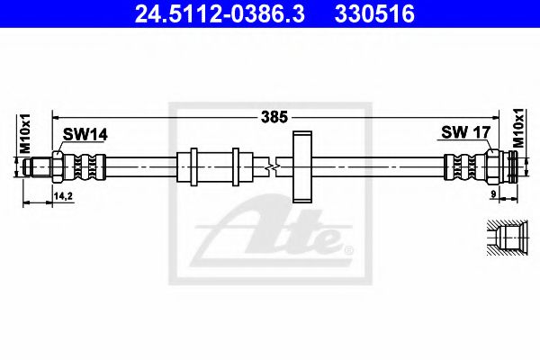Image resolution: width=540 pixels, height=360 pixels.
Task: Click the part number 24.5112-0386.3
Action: tap(220, 13)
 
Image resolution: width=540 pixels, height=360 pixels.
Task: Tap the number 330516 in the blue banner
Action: tap(374, 13)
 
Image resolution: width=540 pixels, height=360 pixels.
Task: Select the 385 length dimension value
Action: tap(274, 117)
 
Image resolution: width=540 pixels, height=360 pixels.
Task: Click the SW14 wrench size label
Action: tap(85, 134)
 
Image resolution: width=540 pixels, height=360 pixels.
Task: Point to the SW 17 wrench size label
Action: tap(465, 132)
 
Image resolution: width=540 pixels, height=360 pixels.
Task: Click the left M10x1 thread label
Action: tap(25, 133)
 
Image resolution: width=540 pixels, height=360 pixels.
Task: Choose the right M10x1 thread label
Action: tap(518, 128)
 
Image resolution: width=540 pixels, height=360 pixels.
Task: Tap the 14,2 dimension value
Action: tap(63, 196)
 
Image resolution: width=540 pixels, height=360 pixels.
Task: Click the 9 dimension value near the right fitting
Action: tap(493, 194)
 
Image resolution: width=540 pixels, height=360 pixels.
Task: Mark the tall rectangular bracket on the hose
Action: tap(302, 166)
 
